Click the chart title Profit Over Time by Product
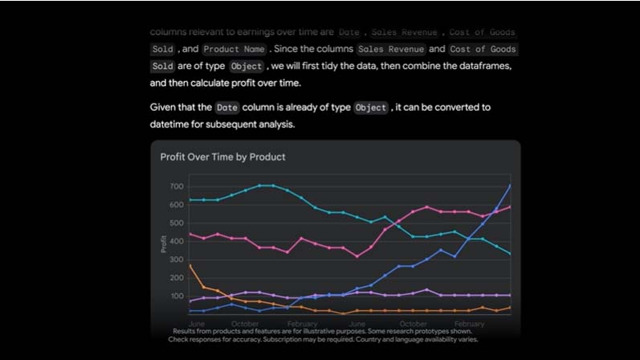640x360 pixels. [222, 157]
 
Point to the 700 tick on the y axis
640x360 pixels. [177, 186]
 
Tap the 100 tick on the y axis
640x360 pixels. [177, 297]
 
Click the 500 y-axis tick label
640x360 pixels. [177, 223]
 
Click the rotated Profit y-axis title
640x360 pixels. [164, 243]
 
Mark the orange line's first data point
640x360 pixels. [190, 265]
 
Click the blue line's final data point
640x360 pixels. [510, 186]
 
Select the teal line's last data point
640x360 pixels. [510, 254]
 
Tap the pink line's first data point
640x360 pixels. [190, 234]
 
